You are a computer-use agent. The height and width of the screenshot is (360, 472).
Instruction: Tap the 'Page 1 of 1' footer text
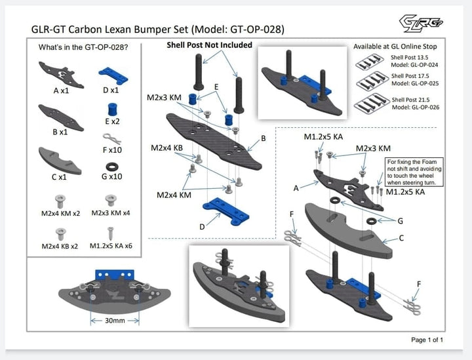(x=427, y=340)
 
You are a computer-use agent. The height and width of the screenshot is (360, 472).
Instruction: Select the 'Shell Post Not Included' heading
(x=209, y=45)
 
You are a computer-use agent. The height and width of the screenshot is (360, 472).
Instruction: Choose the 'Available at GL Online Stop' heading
(x=395, y=47)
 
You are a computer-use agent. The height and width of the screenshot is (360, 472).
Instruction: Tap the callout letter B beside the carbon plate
(x=263, y=138)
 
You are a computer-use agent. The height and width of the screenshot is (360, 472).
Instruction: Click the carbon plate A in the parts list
(x=60, y=73)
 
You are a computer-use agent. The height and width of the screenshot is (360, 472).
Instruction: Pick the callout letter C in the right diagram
(x=401, y=239)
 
